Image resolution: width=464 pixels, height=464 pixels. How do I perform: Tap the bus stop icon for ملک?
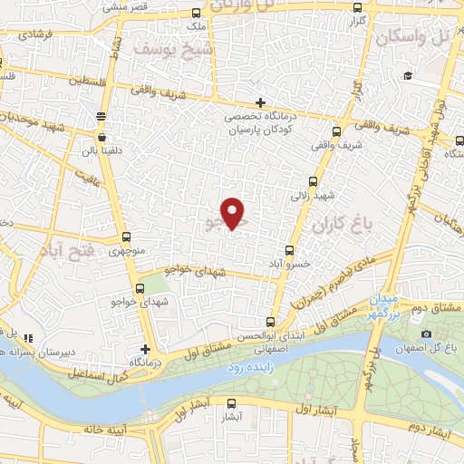click(198, 13)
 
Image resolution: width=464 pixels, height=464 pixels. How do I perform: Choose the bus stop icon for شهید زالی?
click(314, 180)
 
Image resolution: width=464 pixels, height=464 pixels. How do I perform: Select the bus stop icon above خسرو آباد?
click(290, 250)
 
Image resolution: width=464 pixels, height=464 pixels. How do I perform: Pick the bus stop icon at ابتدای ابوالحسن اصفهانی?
click(270, 322)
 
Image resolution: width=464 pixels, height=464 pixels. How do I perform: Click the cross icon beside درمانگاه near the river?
click(145, 349)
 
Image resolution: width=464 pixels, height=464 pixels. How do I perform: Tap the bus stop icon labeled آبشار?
click(232, 404)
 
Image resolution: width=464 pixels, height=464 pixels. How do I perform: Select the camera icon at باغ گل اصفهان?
click(426, 334)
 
